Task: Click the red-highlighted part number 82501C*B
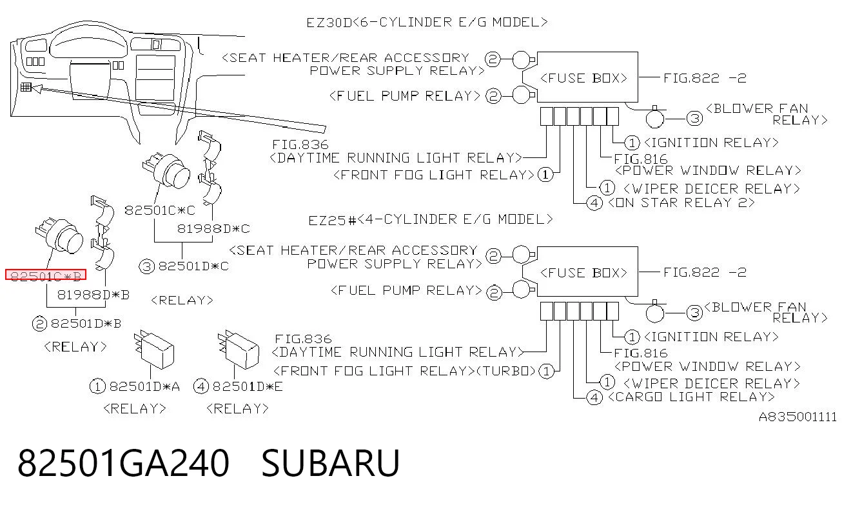pyautogui.click(x=46, y=275)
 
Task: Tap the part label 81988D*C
pyautogui.click(x=213, y=228)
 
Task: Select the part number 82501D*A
pyautogui.click(x=144, y=386)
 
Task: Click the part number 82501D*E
pyautogui.click(x=248, y=386)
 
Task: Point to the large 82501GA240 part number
pyautogui.click(x=123, y=463)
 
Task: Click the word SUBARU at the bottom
pyautogui.click(x=330, y=463)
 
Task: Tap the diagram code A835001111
pyautogui.click(x=798, y=417)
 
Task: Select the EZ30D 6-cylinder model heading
pyautogui.click(x=427, y=23)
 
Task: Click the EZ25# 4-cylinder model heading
pyautogui.click(x=431, y=219)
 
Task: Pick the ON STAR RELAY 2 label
pyautogui.click(x=681, y=203)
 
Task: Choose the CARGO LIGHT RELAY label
pyautogui.click(x=691, y=397)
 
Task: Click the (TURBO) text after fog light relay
pyautogui.click(x=506, y=371)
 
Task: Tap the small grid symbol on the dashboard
pyautogui.click(x=26, y=87)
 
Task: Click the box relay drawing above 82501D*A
pyautogui.click(x=155, y=350)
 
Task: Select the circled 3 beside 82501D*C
pyautogui.click(x=146, y=266)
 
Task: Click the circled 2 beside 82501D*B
pyautogui.click(x=39, y=324)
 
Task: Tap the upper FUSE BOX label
pyautogui.click(x=583, y=78)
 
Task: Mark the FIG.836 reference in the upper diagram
pyautogui.click(x=300, y=144)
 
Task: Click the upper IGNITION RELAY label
pyautogui.click(x=711, y=143)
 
